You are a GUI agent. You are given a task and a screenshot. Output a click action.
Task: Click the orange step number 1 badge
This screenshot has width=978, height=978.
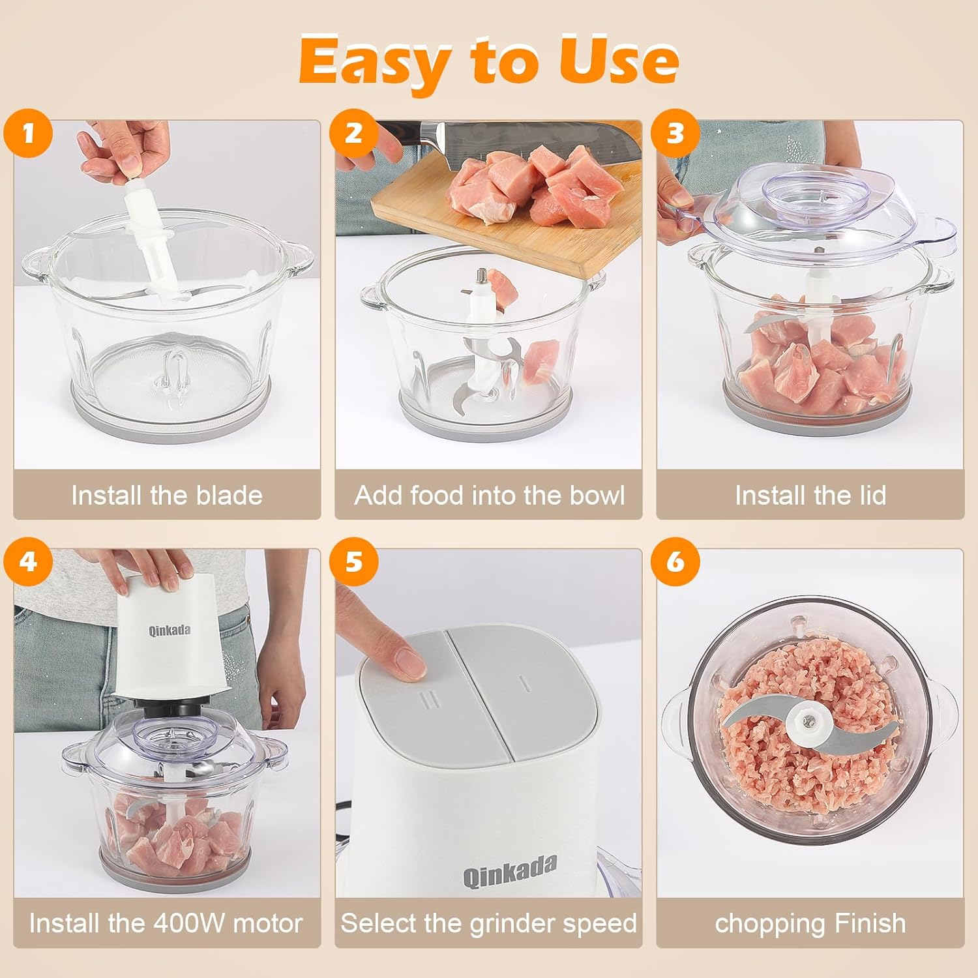(x=27, y=133)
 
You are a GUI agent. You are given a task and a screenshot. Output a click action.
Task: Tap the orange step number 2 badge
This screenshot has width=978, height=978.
(x=353, y=133)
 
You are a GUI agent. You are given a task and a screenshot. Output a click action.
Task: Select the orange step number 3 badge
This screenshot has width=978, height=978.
(x=675, y=133)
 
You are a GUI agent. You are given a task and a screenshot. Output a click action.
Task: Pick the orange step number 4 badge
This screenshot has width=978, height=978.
(x=27, y=561)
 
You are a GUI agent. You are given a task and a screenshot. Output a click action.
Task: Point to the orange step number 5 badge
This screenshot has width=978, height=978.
(x=353, y=561)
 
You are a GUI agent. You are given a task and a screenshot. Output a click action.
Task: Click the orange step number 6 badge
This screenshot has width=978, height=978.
(x=675, y=561)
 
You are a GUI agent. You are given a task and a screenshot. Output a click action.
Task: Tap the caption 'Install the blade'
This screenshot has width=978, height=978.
(x=167, y=496)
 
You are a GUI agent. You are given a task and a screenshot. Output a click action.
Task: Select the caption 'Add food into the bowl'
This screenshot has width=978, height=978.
(x=489, y=496)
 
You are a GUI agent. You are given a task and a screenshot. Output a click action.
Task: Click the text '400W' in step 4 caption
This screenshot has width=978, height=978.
(x=190, y=923)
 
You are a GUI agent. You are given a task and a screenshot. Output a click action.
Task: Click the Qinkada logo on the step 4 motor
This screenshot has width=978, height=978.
(x=170, y=630)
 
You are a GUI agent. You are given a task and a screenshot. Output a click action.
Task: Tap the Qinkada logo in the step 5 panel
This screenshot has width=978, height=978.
(x=510, y=871)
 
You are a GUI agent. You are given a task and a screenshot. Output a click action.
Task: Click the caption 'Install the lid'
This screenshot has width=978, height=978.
(x=810, y=496)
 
